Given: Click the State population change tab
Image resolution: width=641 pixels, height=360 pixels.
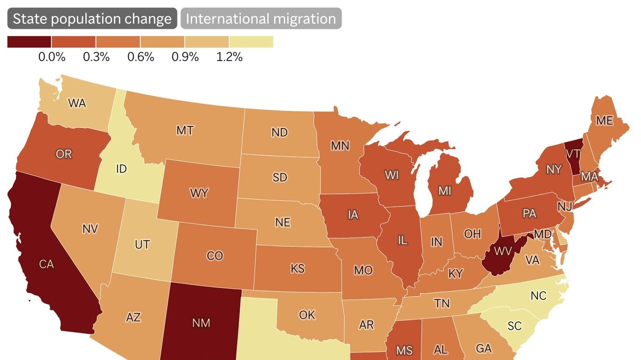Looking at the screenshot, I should [x=92, y=19].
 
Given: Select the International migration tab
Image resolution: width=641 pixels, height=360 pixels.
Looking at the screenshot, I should [x=261, y=19].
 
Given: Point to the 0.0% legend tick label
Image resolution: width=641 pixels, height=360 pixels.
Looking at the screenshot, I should [x=52, y=57].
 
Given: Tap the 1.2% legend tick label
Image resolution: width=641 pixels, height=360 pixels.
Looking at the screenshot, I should [x=229, y=57].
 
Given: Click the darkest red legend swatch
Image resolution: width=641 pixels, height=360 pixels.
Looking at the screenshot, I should [x=29, y=42].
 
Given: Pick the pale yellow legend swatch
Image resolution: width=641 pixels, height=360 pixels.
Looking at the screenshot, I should [x=251, y=42].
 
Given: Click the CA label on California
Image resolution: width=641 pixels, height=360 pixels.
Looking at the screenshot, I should [x=46, y=264].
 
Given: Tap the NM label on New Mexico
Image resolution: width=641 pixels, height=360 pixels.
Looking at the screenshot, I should [x=201, y=323].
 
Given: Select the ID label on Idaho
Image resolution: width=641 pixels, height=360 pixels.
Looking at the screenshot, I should [x=121, y=169].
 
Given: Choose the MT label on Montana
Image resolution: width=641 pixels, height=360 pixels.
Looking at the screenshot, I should [x=185, y=131].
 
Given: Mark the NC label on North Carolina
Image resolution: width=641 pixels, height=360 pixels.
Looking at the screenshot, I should [x=538, y=296].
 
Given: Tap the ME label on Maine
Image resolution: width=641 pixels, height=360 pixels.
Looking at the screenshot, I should [x=604, y=121].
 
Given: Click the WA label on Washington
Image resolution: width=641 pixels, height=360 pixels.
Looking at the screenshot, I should [x=77, y=104].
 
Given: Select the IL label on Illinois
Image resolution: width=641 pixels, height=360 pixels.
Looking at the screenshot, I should [x=402, y=240].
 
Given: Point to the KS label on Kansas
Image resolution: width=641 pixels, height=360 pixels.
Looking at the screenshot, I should [x=297, y=268].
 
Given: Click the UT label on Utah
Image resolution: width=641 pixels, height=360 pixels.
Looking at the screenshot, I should [x=142, y=245].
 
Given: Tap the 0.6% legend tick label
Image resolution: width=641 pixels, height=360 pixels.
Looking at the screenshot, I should [x=140, y=57].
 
